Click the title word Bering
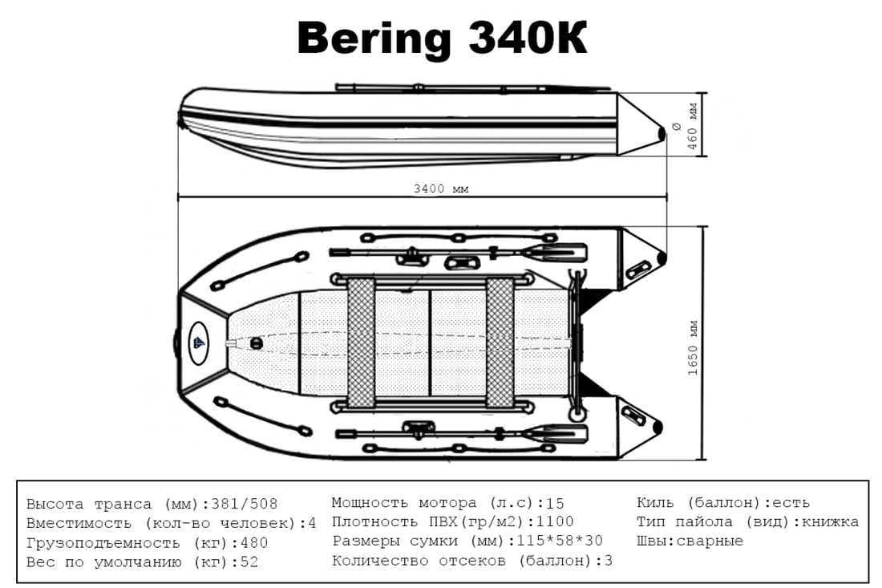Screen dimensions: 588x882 [x=374, y=38]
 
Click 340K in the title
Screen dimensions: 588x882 [x=528, y=38]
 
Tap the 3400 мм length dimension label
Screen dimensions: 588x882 [x=441, y=189]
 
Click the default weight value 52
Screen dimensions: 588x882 [x=249, y=562]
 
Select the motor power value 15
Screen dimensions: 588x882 [x=555, y=503]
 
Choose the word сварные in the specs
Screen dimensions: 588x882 [x=710, y=541]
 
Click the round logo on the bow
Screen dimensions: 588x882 [x=198, y=343]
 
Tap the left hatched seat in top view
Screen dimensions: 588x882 [x=361, y=343]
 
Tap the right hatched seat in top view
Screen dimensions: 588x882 [x=500, y=343]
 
